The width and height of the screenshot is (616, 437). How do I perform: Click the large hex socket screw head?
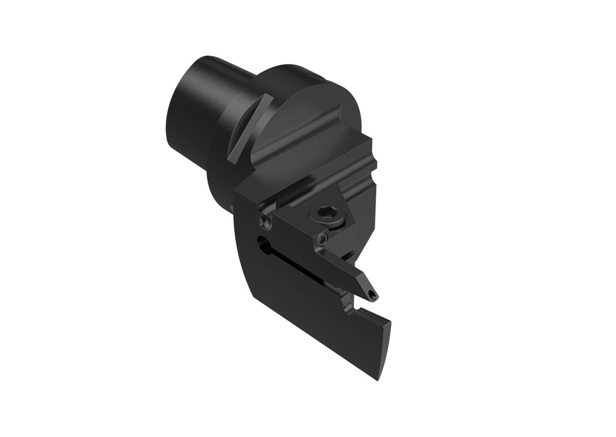(x=325, y=212)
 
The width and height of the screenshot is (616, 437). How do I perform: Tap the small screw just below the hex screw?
(x=324, y=240)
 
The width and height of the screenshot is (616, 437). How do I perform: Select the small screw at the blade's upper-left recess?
(x=262, y=222)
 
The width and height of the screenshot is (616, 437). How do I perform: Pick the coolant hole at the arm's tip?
(x=374, y=295)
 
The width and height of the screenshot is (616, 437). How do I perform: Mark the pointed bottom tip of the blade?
(x=379, y=377)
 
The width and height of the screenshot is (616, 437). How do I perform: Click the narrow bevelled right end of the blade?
(x=385, y=349)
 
